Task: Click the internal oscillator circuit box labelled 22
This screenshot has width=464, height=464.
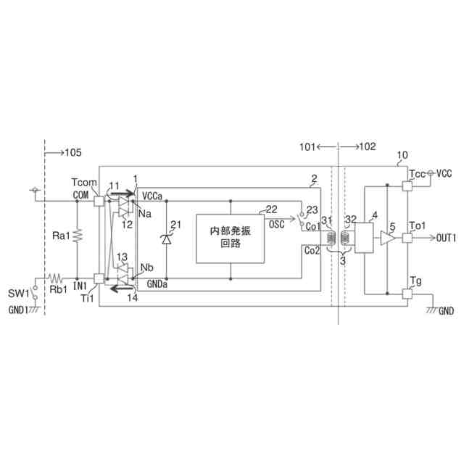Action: coord(231,239)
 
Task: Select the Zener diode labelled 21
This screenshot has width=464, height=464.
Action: coord(166,239)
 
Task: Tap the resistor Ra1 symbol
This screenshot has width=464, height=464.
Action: coord(78,236)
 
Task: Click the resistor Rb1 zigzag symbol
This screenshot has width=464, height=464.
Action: coord(55,278)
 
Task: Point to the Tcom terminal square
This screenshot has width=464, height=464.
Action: coord(99,202)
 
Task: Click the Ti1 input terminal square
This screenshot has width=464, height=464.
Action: coord(99,278)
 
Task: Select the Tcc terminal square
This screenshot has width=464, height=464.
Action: coord(407,186)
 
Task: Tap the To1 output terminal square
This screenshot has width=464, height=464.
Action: coord(407,238)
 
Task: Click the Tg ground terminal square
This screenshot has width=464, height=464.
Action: coord(407,294)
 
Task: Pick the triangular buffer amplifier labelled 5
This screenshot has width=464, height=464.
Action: coord(387,238)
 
